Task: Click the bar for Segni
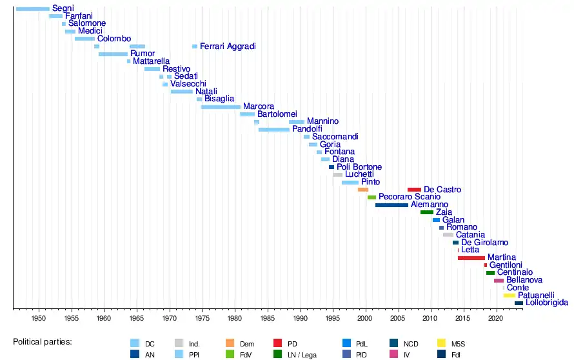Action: coord(32,8)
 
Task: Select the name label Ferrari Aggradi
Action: coord(228,46)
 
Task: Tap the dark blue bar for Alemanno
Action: coord(391,205)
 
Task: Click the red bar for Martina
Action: coord(471,258)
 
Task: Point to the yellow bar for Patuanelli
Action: coord(509,295)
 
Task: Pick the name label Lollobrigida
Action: coord(546,303)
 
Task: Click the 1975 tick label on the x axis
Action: coord(202,318)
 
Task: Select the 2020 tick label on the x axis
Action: coord(495,318)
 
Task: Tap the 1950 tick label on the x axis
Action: coord(39,318)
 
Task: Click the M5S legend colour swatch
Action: coord(442,343)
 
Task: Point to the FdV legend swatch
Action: coord(230,354)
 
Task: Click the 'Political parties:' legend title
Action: coord(43,341)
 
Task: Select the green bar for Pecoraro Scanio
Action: coord(371,197)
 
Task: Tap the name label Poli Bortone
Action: coord(359,167)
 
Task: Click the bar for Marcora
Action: coord(221,106)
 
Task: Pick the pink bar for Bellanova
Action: coord(499,281)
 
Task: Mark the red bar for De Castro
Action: coord(414,190)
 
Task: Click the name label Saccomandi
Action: coord(335,137)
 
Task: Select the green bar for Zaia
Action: coord(427,212)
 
